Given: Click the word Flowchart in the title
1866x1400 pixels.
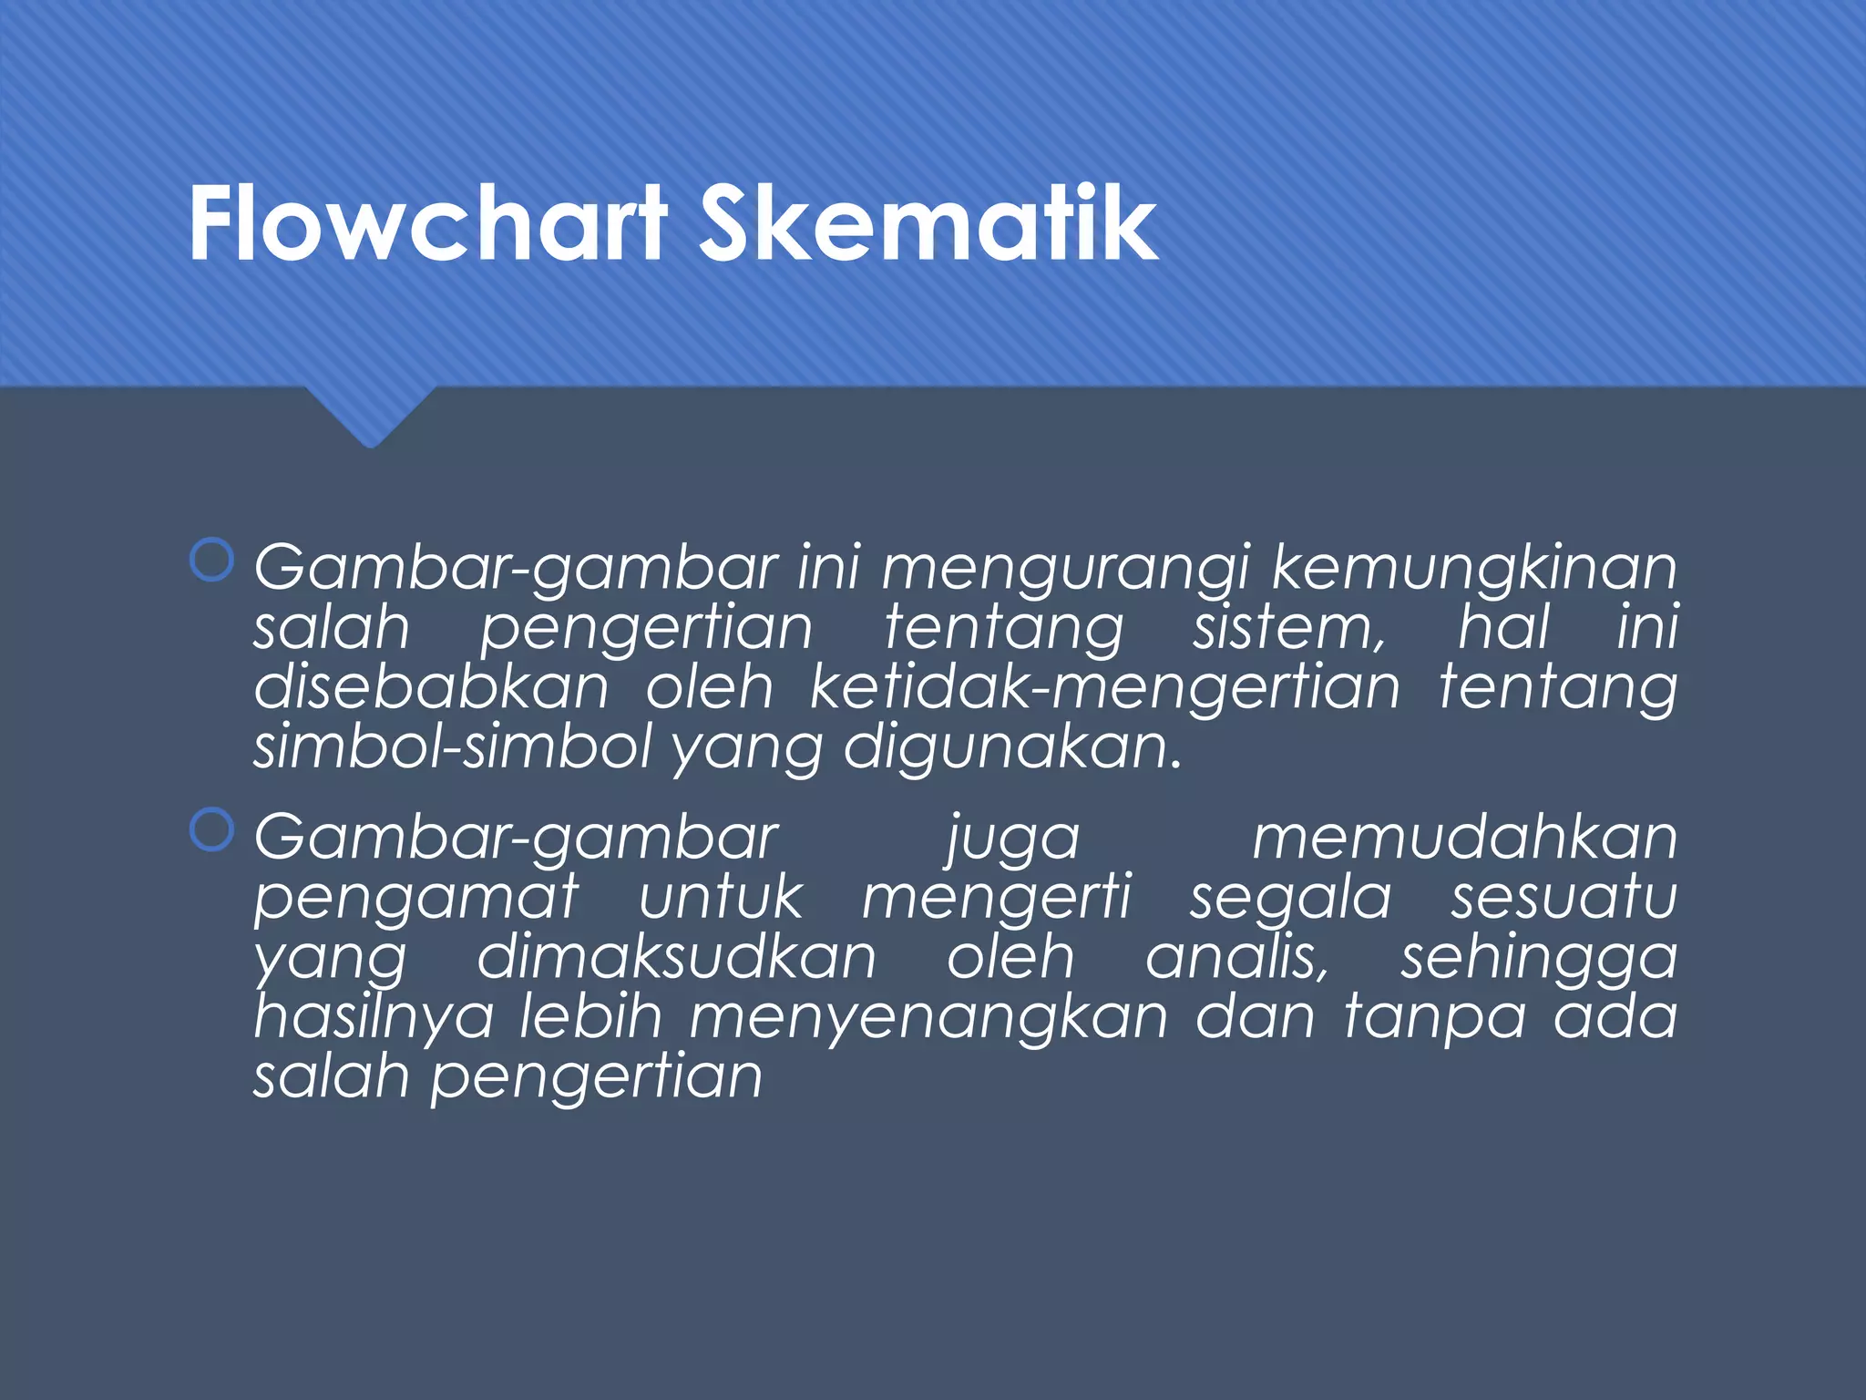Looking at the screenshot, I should click(x=428, y=223).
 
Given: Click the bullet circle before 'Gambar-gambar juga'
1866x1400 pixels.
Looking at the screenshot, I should click(x=212, y=830).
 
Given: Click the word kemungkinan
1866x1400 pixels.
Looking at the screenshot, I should click(x=1473, y=567).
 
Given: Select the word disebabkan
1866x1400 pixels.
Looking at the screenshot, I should click(x=431, y=687).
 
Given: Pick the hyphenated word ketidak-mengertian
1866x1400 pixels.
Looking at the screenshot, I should click(x=1104, y=689).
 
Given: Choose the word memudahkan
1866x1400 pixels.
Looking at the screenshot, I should click(x=1464, y=837).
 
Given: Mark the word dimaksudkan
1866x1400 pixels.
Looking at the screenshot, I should click(x=676, y=957).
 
